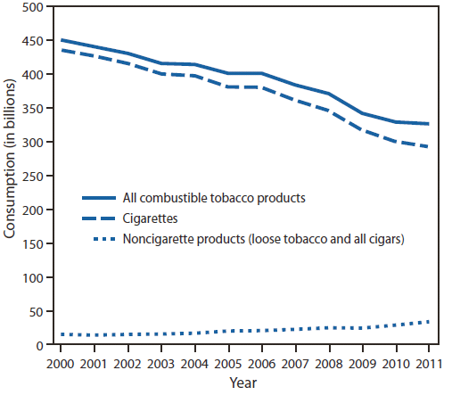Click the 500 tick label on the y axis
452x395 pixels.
tap(33, 7)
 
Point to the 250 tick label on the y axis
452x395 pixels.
tap(33, 177)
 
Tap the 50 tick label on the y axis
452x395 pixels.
tap(37, 312)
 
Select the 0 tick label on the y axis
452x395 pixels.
tap(40, 346)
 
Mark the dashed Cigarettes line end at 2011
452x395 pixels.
tap(429, 147)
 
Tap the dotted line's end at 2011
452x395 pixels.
tap(429, 321)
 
